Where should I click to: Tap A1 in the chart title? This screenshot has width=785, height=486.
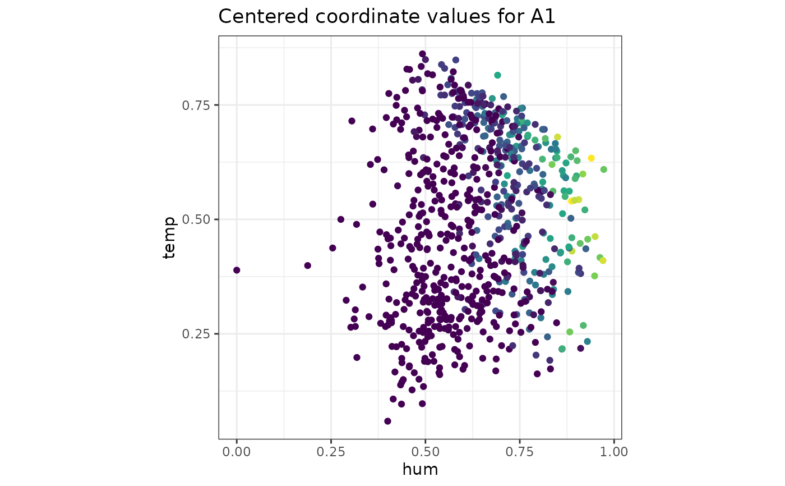pyautogui.click(x=541, y=17)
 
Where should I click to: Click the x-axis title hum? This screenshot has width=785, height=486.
pyautogui.click(x=420, y=469)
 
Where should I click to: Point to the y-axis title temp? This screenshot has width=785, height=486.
pyautogui.click(x=169, y=237)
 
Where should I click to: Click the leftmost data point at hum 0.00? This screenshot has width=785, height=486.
pyautogui.click(x=237, y=270)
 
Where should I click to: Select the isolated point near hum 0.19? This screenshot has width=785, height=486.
pyautogui.click(x=307, y=265)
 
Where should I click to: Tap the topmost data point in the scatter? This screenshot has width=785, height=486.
pyautogui.click(x=422, y=54)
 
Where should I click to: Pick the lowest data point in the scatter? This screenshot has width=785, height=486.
pyautogui.click(x=387, y=421)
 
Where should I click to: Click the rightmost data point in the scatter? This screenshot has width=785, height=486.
pyautogui.click(x=603, y=169)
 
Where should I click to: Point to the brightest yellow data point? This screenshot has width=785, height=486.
pyautogui.click(x=591, y=158)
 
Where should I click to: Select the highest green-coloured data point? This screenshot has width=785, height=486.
pyautogui.click(x=497, y=75)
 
